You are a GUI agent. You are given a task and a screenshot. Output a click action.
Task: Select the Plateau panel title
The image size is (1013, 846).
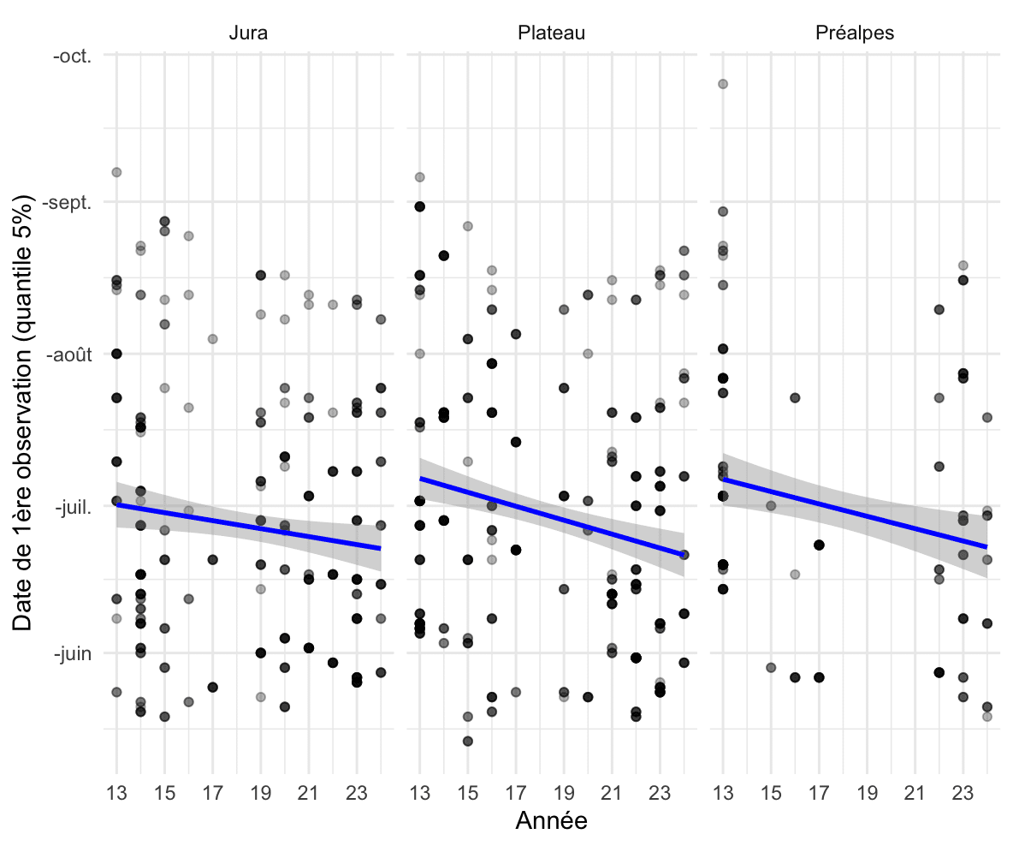[551, 33]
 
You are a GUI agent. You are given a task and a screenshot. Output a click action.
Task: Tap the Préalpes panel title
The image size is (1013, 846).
[852, 33]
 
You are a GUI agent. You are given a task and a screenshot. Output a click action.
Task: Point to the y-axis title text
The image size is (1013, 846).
[23, 414]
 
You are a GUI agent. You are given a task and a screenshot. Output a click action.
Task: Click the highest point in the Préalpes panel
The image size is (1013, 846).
[723, 84]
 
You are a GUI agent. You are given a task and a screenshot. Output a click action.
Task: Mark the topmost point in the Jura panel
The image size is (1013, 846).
[116, 172]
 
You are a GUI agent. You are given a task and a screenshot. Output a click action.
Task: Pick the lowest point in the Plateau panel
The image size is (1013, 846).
[468, 742]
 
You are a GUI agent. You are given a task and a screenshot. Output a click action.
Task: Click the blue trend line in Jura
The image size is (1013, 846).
[248, 527]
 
